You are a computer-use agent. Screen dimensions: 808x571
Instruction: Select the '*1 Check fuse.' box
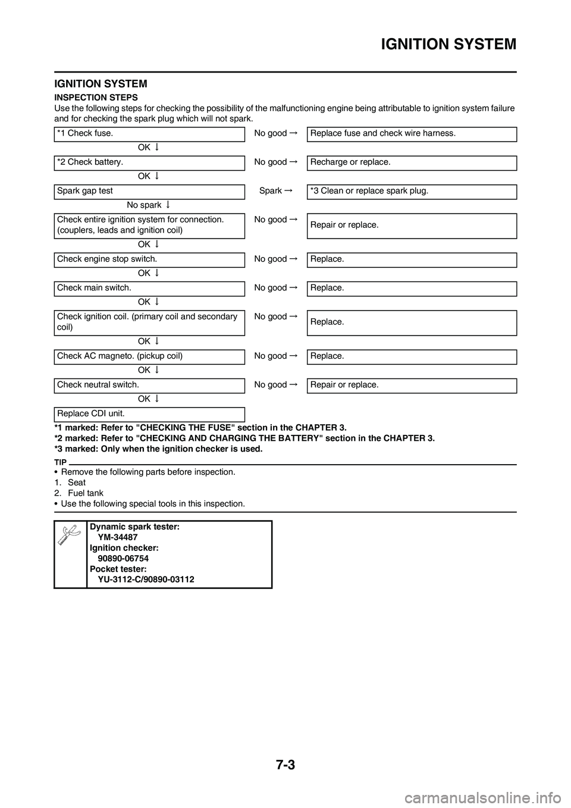point(149,134)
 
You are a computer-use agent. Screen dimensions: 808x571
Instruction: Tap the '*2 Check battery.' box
point(149,162)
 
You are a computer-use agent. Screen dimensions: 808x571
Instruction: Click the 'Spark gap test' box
point(149,192)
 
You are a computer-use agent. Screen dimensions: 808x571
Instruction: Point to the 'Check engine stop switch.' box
point(149,259)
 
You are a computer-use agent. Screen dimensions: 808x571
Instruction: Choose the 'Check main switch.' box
point(149,288)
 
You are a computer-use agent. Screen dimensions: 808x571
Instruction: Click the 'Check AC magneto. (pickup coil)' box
point(149,356)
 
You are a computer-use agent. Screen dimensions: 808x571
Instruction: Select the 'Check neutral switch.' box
point(149,385)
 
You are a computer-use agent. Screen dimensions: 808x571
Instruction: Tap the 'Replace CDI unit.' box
point(149,414)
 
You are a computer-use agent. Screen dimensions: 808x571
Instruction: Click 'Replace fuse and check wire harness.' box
point(412,134)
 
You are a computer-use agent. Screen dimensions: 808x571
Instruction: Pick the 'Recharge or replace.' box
point(412,162)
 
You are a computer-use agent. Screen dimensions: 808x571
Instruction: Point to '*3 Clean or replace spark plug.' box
point(412,192)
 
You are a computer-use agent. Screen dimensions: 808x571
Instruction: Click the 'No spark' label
point(144,205)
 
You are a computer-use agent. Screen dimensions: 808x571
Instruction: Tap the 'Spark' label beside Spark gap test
point(271,191)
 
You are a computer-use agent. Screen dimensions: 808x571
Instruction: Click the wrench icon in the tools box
point(70,533)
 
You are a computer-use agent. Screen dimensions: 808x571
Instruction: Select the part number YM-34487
point(118,537)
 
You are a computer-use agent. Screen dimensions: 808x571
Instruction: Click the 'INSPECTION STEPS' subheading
point(96,97)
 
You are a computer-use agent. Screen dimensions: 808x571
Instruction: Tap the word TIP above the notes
point(60,462)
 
